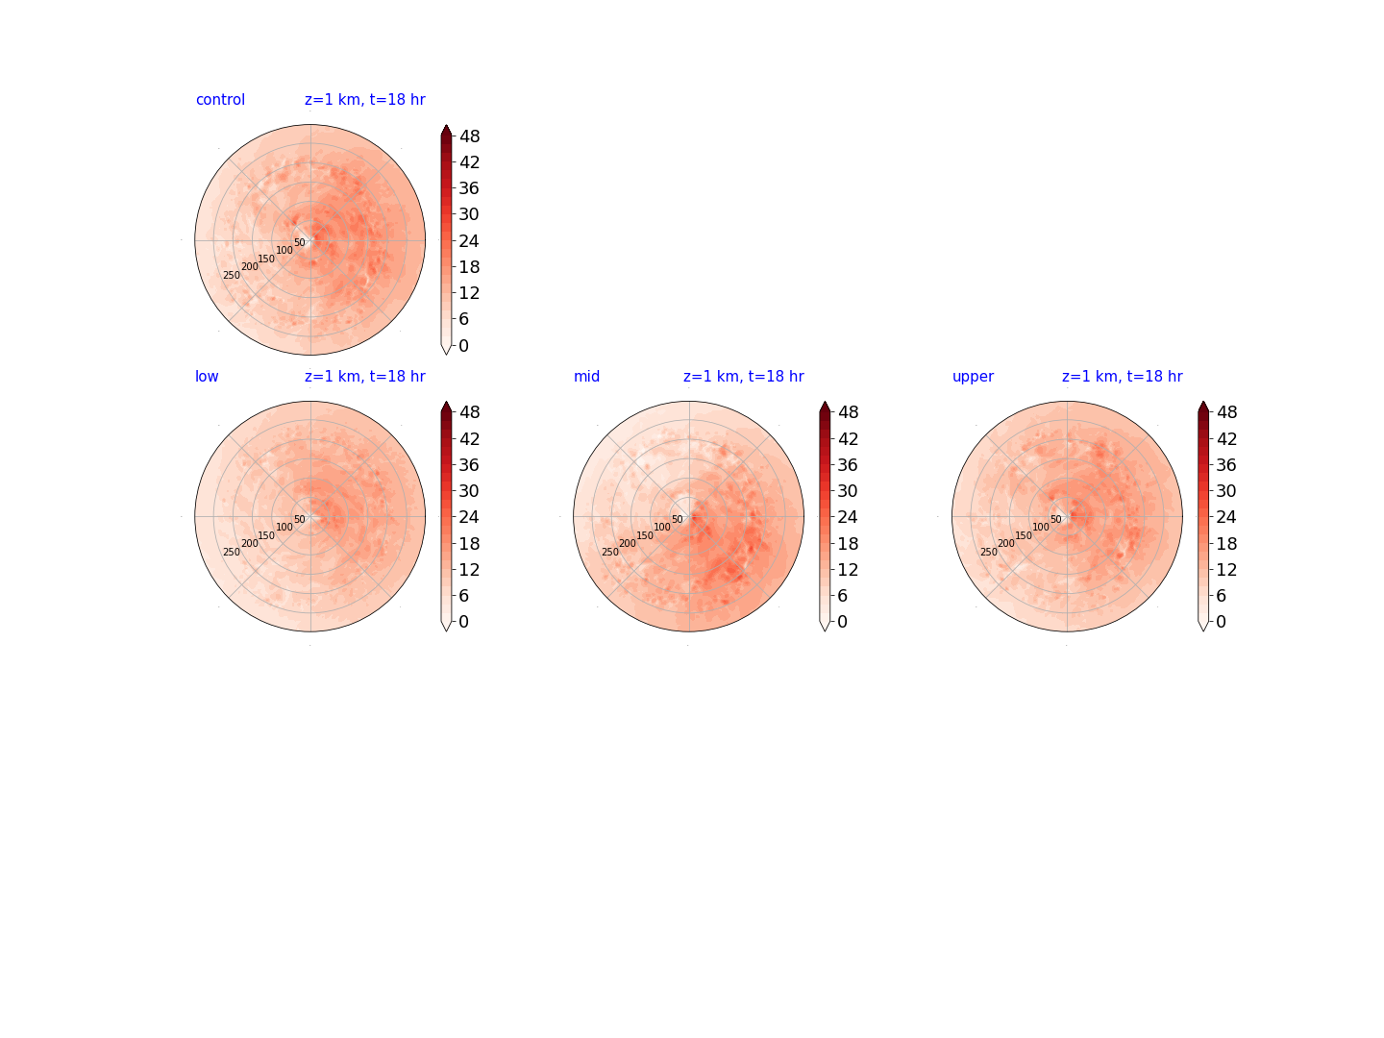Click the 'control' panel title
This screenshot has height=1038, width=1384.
(220, 100)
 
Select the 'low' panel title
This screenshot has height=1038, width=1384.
(207, 376)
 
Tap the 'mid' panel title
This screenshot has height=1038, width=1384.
(586, 376)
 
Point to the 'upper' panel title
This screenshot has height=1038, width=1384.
(973, 377)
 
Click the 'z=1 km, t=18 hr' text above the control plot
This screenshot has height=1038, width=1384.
(365, 100)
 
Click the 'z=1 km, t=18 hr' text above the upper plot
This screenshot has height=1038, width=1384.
(1123, 376)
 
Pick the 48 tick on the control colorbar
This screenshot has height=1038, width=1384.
(470, 136)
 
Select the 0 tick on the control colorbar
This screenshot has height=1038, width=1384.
(464, 345)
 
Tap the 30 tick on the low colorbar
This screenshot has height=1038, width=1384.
(469, 491)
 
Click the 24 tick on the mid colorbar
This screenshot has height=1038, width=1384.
(848, 517)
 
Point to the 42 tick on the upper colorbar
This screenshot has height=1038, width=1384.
(1226, 438)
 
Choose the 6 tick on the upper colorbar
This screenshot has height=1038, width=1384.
(1222, 596)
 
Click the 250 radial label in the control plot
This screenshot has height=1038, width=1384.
(232, 276)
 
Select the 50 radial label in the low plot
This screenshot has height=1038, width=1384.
(300, 519)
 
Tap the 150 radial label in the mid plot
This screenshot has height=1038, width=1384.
(644, 535)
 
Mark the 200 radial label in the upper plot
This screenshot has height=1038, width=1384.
(1005, 543)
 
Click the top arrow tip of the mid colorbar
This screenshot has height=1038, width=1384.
(825, 402)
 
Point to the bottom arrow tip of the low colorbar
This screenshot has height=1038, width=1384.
(446, 630)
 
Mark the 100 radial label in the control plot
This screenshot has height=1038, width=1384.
(284, 250)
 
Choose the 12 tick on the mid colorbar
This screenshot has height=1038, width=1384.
(848, 570)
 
